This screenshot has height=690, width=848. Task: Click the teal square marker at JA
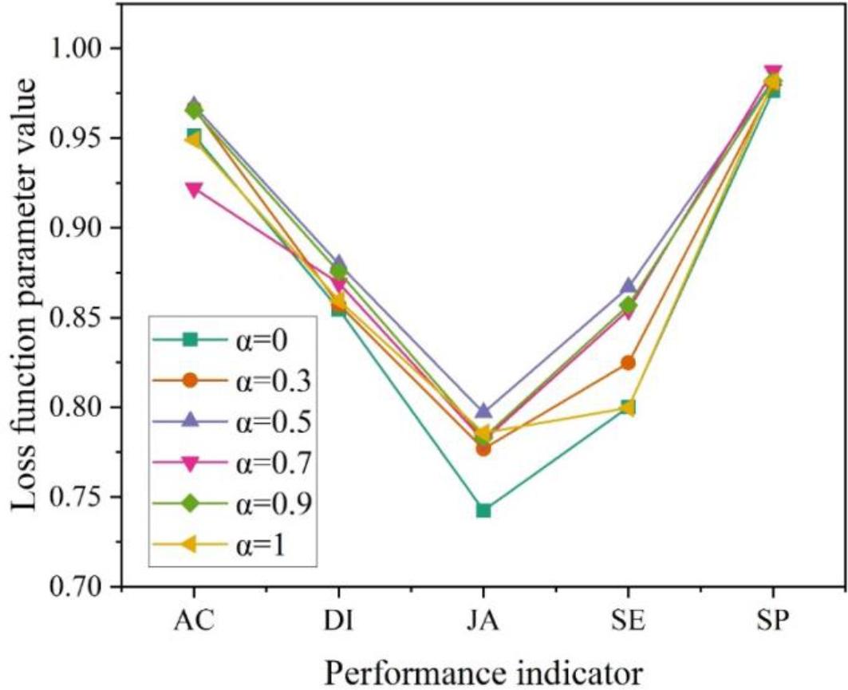[x=483, y=510]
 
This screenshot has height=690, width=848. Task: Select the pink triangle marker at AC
[x=194, y=190]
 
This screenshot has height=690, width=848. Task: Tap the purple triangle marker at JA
[x=483, y=411]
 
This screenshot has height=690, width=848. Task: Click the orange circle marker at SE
[x=628, y=363]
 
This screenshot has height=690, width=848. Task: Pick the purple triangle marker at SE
[x=628, y=286]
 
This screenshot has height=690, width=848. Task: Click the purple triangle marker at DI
[x=338, y=263]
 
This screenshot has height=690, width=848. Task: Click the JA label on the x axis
[x=483, y=620]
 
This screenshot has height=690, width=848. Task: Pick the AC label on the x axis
[x=194, y=620]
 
